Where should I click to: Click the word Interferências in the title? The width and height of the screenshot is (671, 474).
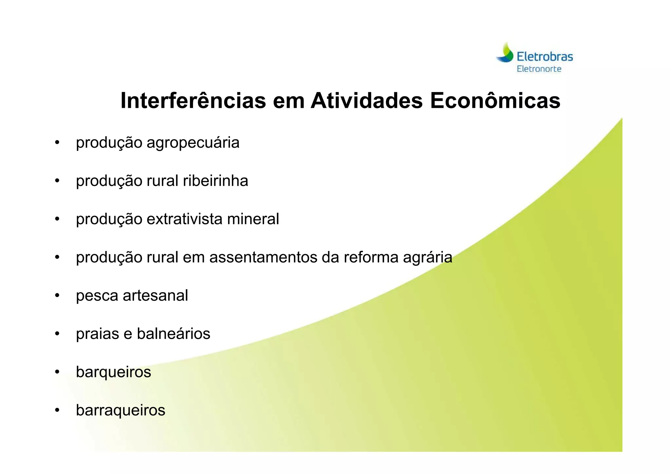click(193, 101)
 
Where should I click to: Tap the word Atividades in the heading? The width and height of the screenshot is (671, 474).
click(367, 101)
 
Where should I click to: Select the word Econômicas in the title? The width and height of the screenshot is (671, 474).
click(495, 101)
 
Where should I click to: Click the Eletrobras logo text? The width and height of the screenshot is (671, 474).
click(545, 57)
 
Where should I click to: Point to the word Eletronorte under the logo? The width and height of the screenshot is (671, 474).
click(539, 69)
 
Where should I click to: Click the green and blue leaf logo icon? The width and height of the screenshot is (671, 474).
click(505, 53)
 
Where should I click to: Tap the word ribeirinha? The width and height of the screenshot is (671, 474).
click(215, 181)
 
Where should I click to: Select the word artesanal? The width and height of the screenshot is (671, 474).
click(155, 295)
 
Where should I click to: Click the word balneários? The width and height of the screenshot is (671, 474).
click(173, 334)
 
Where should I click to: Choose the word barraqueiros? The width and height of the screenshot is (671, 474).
click(121, 410)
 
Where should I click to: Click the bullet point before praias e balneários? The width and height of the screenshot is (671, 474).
click(57, 334)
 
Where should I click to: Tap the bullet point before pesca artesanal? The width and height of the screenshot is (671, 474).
click(57, 295)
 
